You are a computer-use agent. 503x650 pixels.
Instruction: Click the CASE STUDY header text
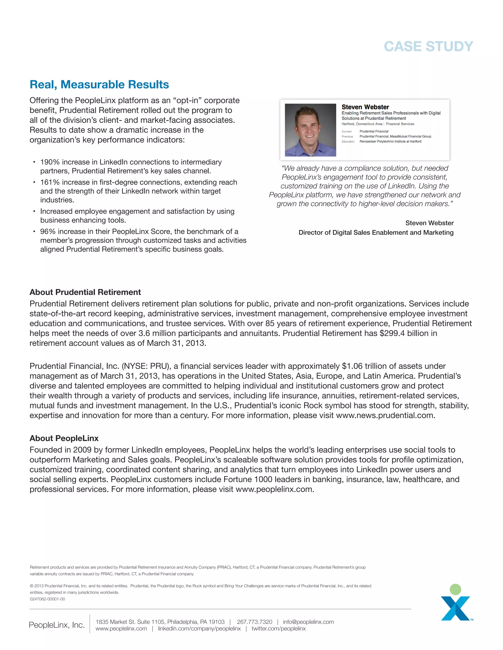pos(428,46)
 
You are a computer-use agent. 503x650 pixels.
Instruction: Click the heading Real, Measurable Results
pos(99,85)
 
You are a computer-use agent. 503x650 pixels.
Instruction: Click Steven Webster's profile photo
pos(310,130)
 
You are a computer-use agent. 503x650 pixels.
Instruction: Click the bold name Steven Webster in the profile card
pos(365,107)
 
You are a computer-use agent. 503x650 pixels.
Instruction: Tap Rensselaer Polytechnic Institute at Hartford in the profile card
pos(390,141)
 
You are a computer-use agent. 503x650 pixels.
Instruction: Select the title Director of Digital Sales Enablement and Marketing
pos(376,233)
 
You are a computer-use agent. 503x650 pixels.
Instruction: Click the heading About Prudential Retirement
pos(85,292)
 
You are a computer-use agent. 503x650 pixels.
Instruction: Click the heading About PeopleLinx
pos(64,438)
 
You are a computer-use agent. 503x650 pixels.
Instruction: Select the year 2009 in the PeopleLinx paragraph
pos(82,450)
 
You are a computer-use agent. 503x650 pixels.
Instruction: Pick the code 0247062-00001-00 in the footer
pos(47,599)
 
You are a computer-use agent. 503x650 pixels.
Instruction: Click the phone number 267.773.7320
pos(254,622)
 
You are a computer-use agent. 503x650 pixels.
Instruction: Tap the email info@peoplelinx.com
pos(308,622)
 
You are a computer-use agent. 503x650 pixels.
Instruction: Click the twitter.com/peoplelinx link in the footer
pos(278,629)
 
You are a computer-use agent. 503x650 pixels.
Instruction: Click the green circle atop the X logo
pos(455,590)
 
